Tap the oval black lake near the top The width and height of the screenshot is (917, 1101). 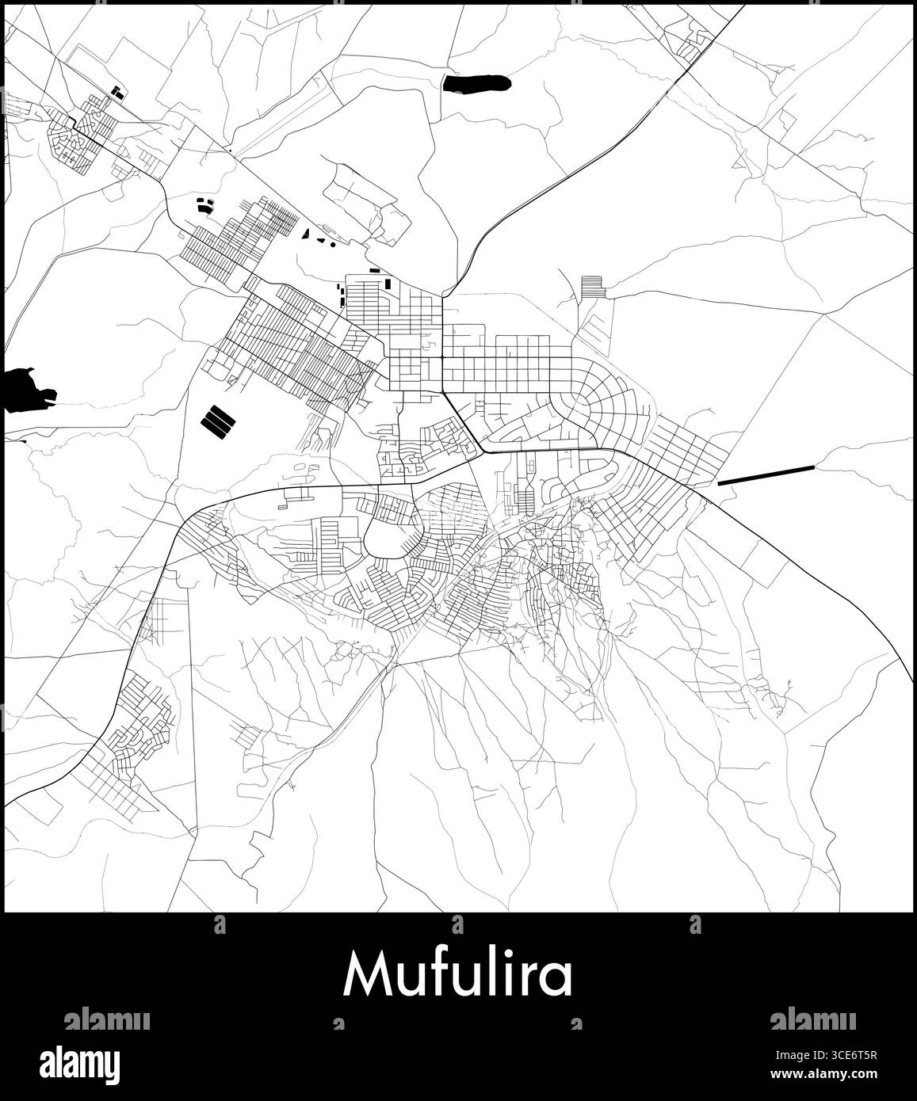(x=476, y=82)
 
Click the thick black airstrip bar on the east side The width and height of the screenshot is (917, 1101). (x=766, y=474)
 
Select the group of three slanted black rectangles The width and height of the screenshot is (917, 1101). (x=219, y=422)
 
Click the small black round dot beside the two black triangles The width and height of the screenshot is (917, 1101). (x=333, y=245)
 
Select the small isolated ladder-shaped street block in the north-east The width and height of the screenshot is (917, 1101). (x=593, y=287)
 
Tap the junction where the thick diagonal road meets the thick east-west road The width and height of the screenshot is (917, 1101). (x=484, y=451)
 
